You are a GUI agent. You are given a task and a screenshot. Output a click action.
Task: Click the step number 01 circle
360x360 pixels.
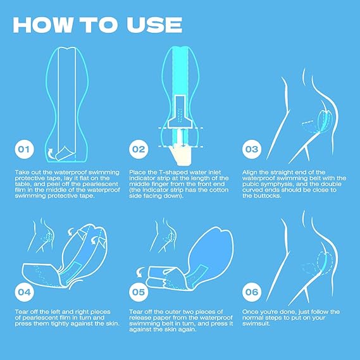pos(24,149)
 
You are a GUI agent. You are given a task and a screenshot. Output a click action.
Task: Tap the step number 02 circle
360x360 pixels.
pos(139,149)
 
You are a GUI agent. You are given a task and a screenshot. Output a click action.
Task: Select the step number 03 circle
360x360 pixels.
pos(252,149)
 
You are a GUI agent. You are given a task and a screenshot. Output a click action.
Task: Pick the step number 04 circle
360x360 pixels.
pos(24,292)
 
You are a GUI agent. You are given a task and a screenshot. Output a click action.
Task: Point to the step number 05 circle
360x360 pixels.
pos(139,292)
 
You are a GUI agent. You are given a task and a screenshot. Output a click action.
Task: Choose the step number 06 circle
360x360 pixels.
pos(252,292)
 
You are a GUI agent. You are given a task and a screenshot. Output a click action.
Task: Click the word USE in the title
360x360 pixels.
pos(154,25)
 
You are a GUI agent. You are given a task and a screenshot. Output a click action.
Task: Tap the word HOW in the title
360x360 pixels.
pos(42,25)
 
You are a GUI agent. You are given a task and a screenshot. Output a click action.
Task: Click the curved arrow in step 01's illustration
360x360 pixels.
pos(50,153)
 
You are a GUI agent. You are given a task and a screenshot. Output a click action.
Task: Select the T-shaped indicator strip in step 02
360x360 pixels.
pos(180,113)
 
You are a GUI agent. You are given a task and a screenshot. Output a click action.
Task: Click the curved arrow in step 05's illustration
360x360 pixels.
pos(140,272)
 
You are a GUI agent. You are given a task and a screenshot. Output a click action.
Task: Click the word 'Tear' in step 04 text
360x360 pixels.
pos(22,312)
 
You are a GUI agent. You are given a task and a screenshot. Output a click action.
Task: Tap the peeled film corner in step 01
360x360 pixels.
pos(65,152)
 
